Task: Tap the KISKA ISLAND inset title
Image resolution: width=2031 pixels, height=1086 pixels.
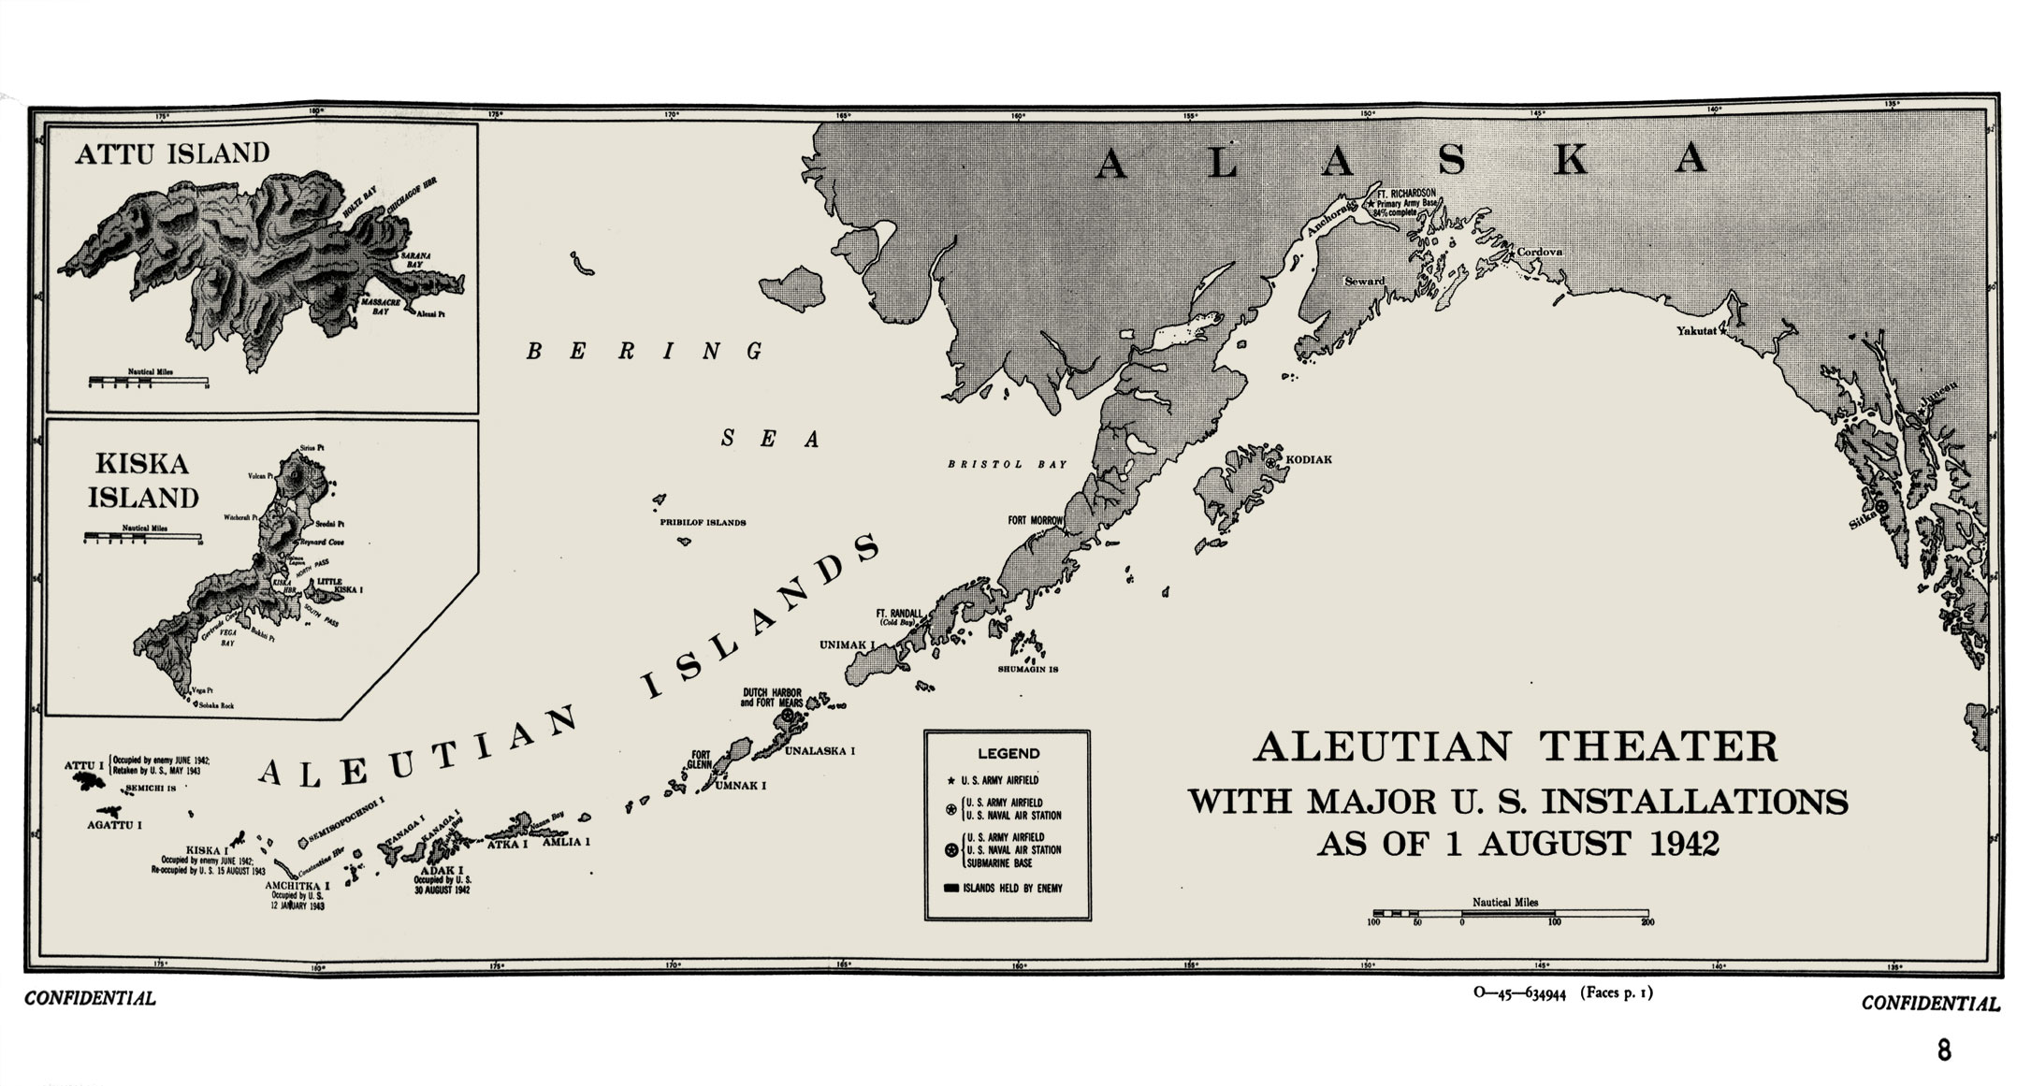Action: (143, 481)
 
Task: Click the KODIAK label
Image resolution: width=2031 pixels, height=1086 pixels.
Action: (1309, 460)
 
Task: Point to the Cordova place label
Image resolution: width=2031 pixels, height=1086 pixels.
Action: (1539, 253)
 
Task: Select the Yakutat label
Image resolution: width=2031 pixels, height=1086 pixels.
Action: (1695, 331)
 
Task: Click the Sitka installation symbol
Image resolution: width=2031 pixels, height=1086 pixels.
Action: (1881, 505)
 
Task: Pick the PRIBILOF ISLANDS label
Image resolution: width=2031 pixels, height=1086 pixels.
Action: (703, 523)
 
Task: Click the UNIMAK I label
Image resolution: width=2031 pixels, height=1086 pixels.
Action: (847, 645)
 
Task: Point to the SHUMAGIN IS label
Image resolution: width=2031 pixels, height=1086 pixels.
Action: (1027, 670)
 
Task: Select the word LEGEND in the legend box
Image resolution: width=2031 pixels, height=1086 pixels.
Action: (1008, 753)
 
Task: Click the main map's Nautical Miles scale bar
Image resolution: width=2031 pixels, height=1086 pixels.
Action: (1509, 912)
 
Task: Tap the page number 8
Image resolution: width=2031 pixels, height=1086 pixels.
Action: (1944, 1050)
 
